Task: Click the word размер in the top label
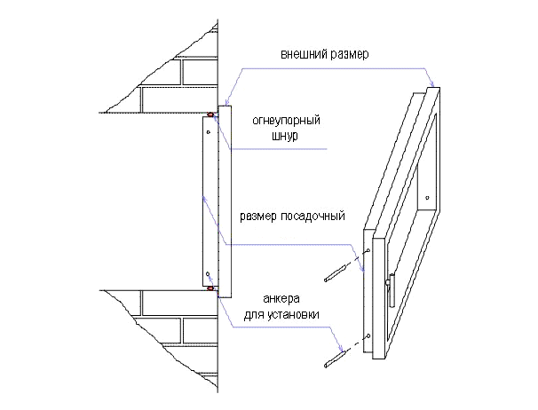346,55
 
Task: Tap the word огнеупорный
286,121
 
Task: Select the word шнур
285,136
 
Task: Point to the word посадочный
313,217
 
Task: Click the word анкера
281,299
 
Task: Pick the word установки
293,315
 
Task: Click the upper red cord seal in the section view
210,114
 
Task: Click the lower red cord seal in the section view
210,288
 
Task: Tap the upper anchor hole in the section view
208,131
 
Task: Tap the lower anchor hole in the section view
208,274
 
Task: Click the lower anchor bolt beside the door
334,359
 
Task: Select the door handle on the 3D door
391,289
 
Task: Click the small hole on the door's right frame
427,198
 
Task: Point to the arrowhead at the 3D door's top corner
432,83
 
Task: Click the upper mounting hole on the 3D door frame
368,250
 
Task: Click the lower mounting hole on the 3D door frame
368,335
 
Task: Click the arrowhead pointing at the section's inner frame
204,199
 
